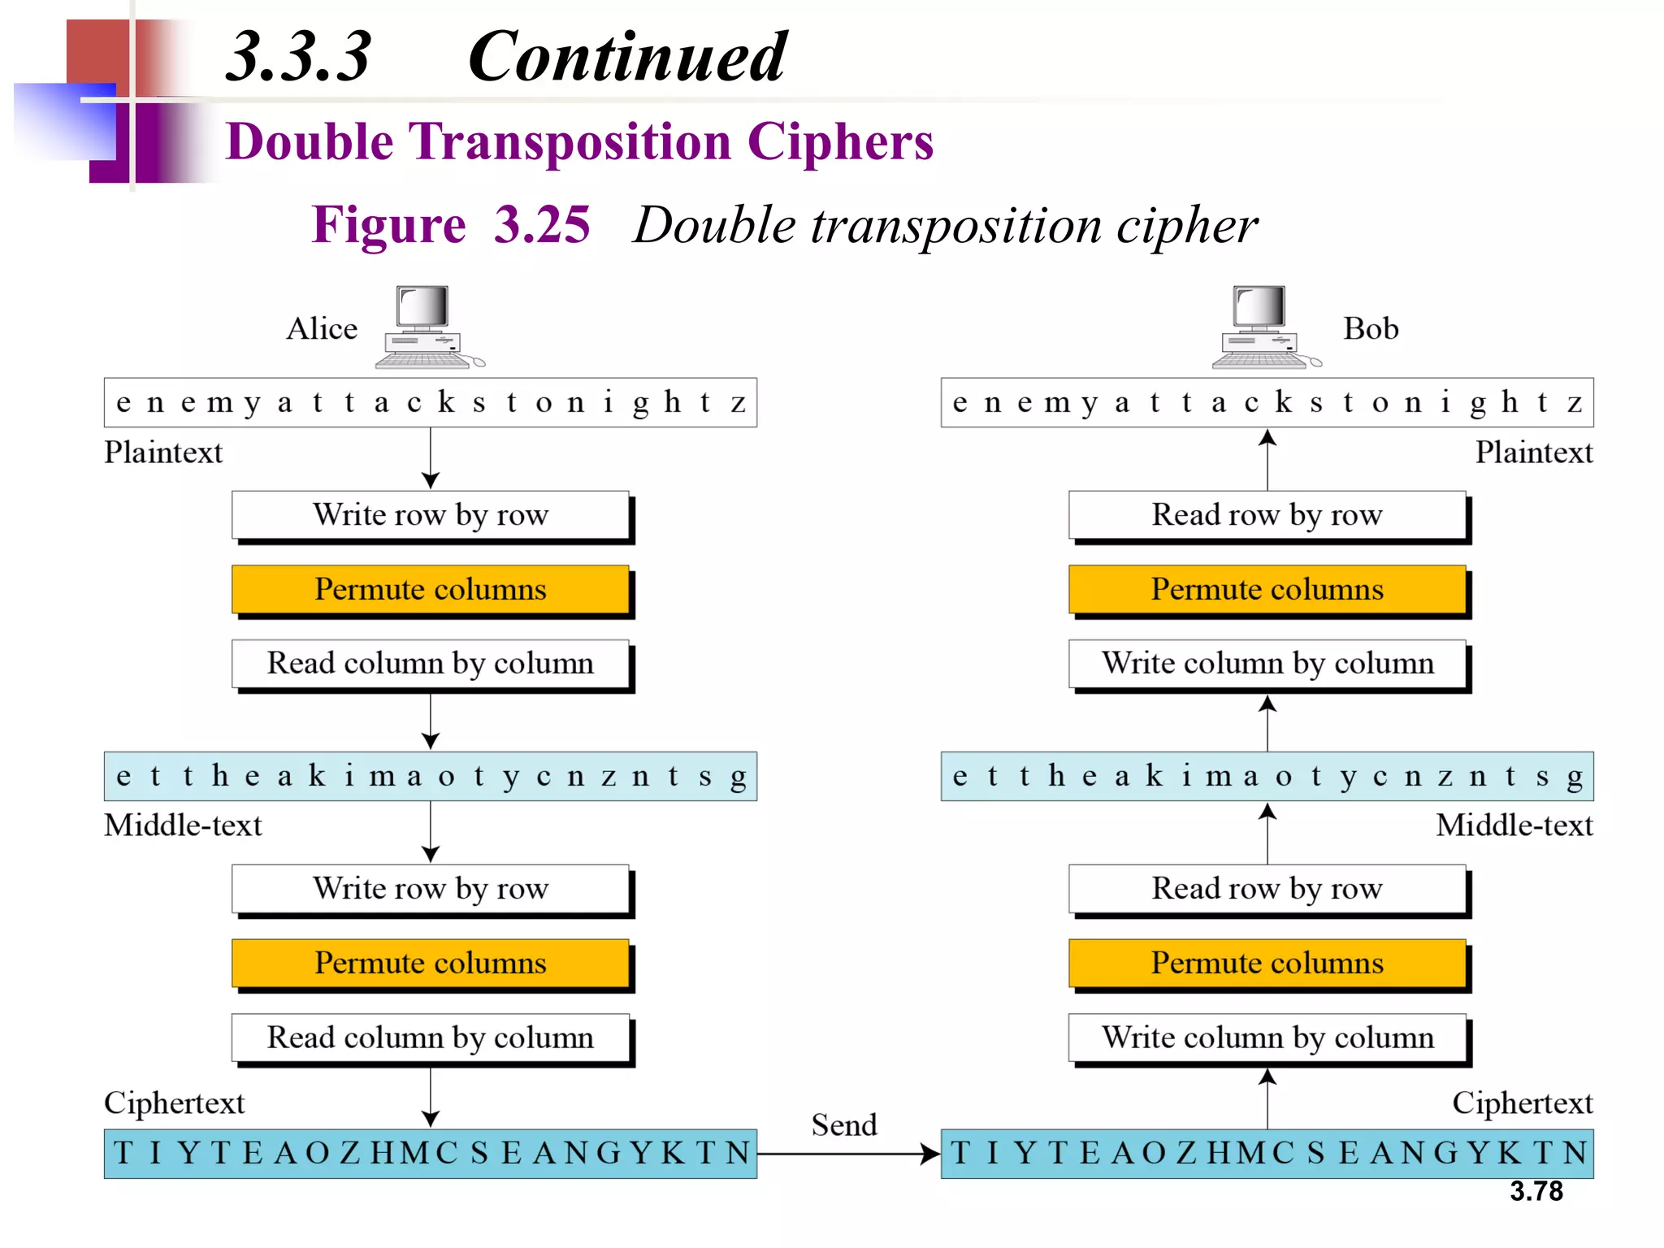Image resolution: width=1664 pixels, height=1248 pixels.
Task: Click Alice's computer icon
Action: [427, 327]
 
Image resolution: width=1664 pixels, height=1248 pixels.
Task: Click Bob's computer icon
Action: [1263, 327]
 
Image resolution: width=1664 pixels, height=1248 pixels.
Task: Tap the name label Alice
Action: [322, 329]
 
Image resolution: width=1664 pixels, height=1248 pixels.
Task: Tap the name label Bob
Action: [1371, 329]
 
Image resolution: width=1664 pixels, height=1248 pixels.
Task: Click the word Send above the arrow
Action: [844, 1125]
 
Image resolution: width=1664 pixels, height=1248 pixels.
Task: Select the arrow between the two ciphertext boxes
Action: [848, 1153]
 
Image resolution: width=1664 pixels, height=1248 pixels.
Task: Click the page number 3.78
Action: [1536, 1191]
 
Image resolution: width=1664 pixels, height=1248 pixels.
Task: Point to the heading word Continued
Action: [626, 57]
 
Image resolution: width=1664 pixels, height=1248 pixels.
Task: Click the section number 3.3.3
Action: [298, 57]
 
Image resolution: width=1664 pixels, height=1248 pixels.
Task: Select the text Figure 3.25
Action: [451, 225]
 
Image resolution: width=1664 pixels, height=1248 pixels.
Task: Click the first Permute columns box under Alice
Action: [431, 589]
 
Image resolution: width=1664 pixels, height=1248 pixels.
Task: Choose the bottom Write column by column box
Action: [1267, 1038]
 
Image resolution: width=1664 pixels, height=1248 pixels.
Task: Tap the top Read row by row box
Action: [1267, 515]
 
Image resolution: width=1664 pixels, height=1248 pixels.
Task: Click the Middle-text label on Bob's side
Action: [1514, 825]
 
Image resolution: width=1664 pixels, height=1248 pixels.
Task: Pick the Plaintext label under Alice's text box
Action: [162, 453]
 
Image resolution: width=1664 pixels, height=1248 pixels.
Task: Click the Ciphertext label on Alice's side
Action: [174, 1103]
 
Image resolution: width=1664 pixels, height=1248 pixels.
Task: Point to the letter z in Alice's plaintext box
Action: [738, 402]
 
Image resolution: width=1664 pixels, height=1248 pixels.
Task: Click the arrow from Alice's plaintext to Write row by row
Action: [431, 458]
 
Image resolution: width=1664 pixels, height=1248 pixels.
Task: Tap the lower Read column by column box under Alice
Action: [431, 1038]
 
